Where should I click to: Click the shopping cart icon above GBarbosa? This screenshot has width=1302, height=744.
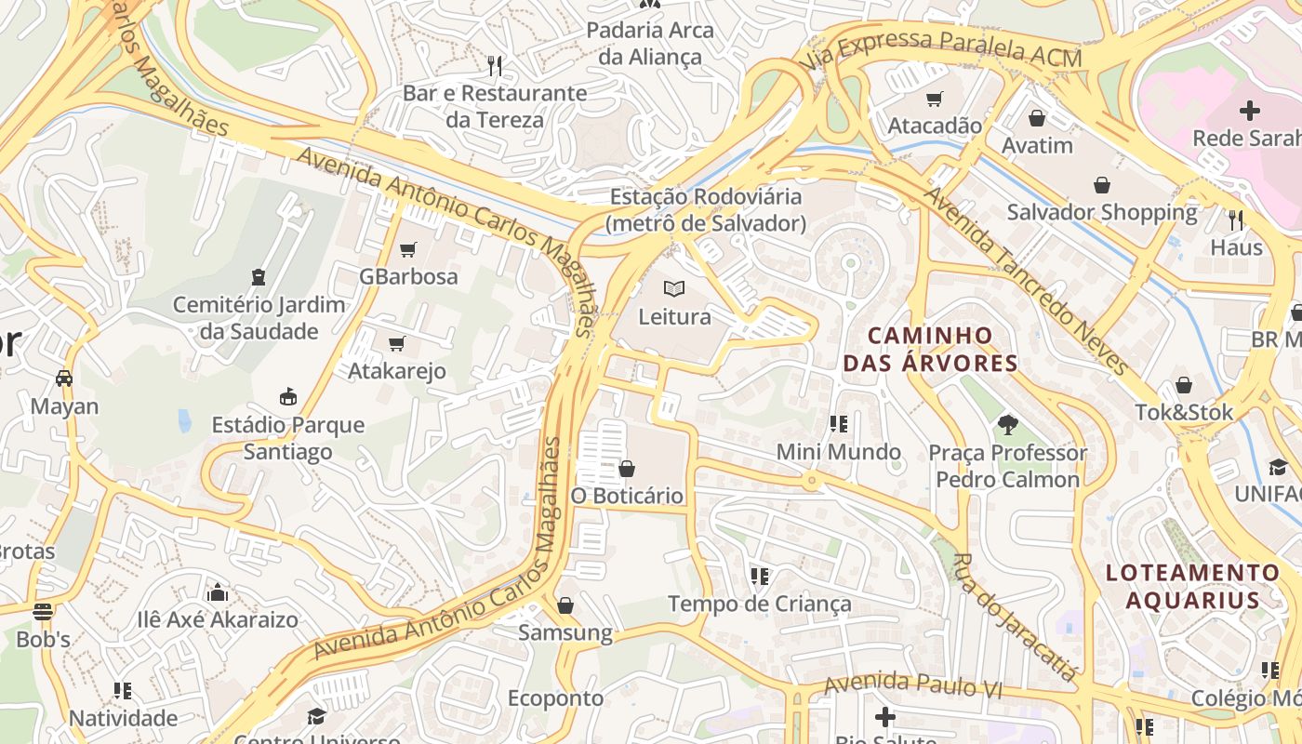pos(407,249)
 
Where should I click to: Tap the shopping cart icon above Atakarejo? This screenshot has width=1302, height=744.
pos(397,344)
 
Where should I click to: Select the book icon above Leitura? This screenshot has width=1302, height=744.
pos(674,289)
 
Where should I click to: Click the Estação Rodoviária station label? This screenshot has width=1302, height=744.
pos(705,210)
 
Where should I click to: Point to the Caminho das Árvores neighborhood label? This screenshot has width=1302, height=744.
pos(930,349)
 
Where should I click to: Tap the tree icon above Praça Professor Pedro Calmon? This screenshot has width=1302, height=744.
pos(1007,426)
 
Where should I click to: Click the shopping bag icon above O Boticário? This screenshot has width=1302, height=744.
pos(627,468)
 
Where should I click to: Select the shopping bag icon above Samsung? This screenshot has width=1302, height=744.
pos(565,606)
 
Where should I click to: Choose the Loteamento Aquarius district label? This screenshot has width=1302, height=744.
pos(1193,586)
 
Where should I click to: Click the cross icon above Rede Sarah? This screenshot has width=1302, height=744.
pos(1250,111)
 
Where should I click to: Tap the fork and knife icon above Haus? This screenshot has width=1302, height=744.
pos(1236,220)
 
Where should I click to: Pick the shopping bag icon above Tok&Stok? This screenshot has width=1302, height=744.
pos(1184,385)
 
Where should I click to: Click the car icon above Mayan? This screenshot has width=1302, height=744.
pos(64,379)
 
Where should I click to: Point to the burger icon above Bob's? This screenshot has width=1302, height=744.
pos(43,612)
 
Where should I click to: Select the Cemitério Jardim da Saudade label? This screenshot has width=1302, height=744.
pos(259,318)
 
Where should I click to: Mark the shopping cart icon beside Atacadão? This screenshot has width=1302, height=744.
pos(935,99)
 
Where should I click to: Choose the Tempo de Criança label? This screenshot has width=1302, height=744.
pos(760,604)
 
